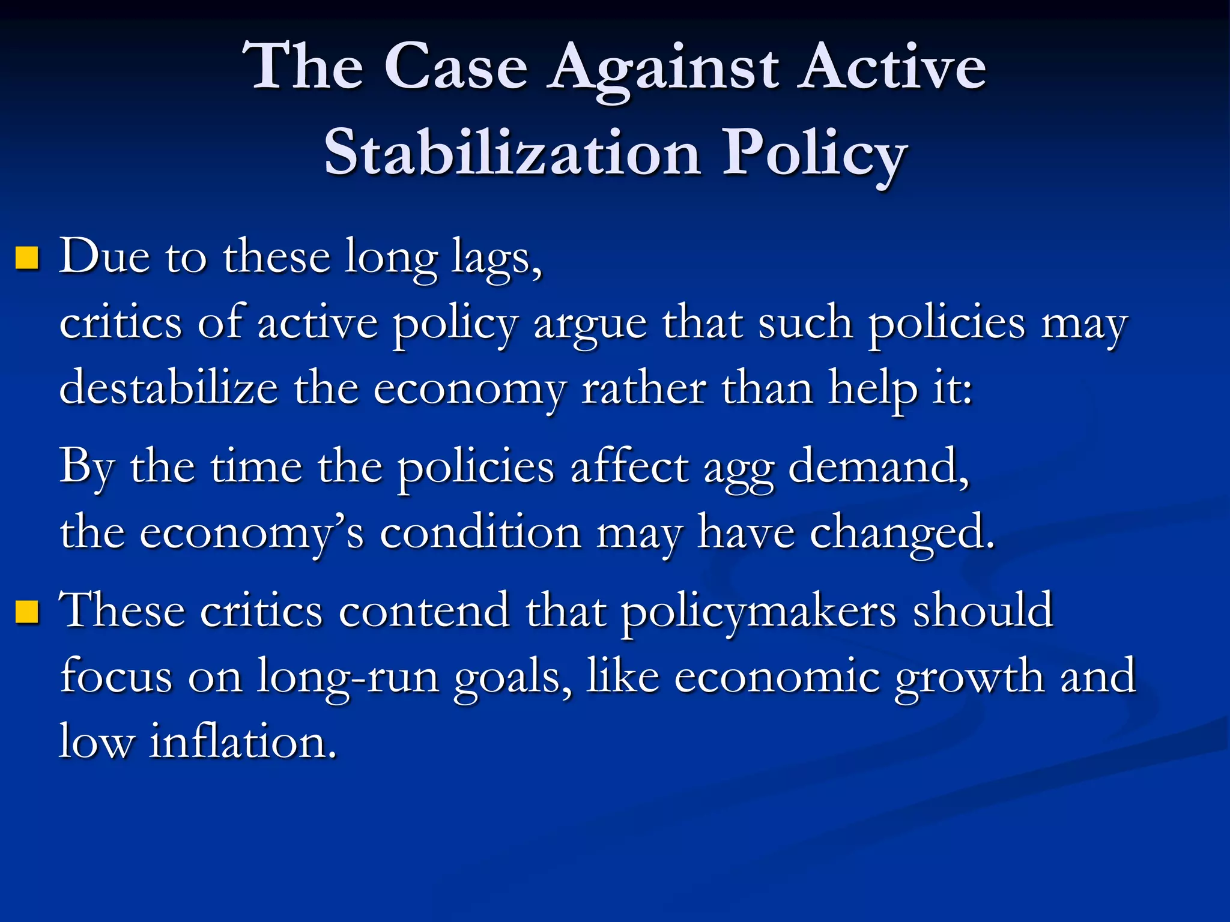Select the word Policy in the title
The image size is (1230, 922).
click(814, 154)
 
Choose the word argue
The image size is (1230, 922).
click(590, 324)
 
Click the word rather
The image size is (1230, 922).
click(644, 388)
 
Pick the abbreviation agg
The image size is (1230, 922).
click(738, 468)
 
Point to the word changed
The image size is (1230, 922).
click(901, 533)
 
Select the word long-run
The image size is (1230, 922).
click(348, 677)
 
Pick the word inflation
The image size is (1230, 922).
click(243, 742)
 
